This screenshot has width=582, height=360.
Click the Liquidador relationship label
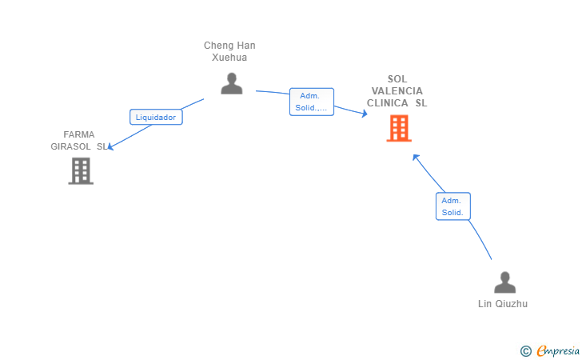point(156,117)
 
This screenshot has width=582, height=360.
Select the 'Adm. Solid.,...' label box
point(312,102)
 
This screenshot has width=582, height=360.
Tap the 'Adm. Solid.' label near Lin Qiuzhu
point(452,206)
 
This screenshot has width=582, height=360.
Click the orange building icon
point(399,128)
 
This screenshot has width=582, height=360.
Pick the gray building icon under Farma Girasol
point(81,171)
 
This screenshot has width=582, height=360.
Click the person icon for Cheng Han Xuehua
point(232,83)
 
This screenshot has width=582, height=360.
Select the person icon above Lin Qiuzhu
point(504,282)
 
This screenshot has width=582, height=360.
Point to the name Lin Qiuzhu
point(503,304)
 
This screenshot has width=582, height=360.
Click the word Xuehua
point(229,58)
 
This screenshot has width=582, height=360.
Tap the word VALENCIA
point(397,91)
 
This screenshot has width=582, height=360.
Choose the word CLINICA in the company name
point(388,103)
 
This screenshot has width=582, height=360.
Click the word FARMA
point(78,134)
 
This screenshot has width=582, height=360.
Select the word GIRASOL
point(70,146)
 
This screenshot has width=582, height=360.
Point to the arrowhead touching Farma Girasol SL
point(110,147)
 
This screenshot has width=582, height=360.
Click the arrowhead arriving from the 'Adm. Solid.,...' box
point(365,114)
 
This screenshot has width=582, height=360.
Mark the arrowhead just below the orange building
point(416,158)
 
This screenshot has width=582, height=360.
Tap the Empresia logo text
point(558,350)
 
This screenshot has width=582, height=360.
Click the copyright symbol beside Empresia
point(525,351)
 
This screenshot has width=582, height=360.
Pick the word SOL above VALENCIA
point(397,79)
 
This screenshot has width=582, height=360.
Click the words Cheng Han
point(229,46)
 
